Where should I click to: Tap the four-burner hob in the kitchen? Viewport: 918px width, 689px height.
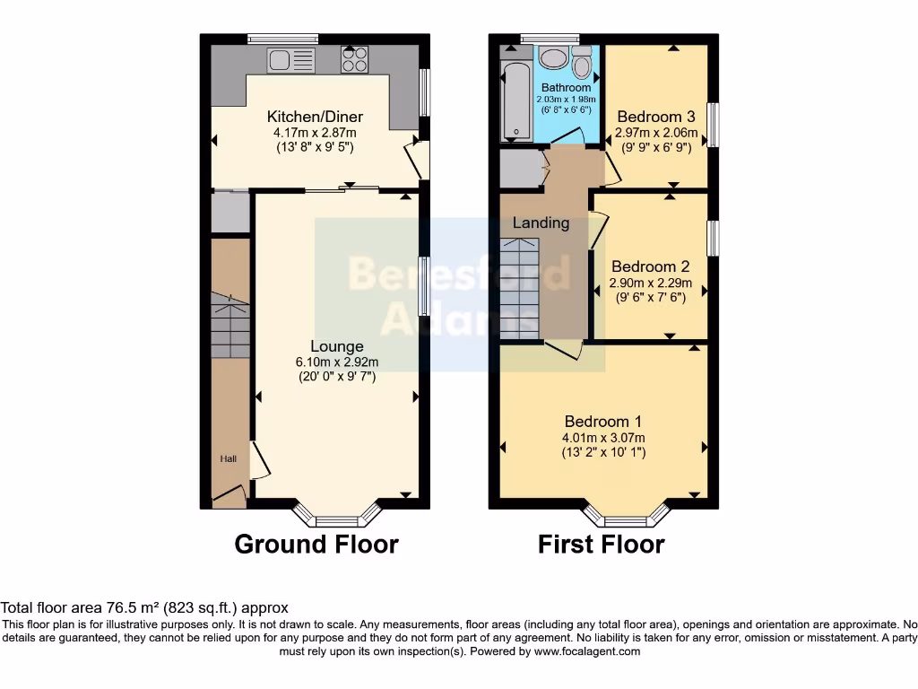[x=354, y=60]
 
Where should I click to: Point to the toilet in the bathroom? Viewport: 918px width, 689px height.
[x=582, y=64]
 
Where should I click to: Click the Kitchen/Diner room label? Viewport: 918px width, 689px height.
[x=314, y=117]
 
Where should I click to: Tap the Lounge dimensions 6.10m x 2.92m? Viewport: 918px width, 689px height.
[x=337, y=362]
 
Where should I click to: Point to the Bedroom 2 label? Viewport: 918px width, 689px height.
[x=650, y=266]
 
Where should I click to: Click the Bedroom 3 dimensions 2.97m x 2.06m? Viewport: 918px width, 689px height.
[x=655, y=132]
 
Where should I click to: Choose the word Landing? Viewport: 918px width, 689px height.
[x=541, y=223]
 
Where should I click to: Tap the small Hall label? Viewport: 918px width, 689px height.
[x=229, y=459]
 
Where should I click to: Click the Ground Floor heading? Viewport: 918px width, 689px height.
[x=316, y=544]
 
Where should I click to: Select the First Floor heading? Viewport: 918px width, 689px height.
[x=601, y=544]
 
